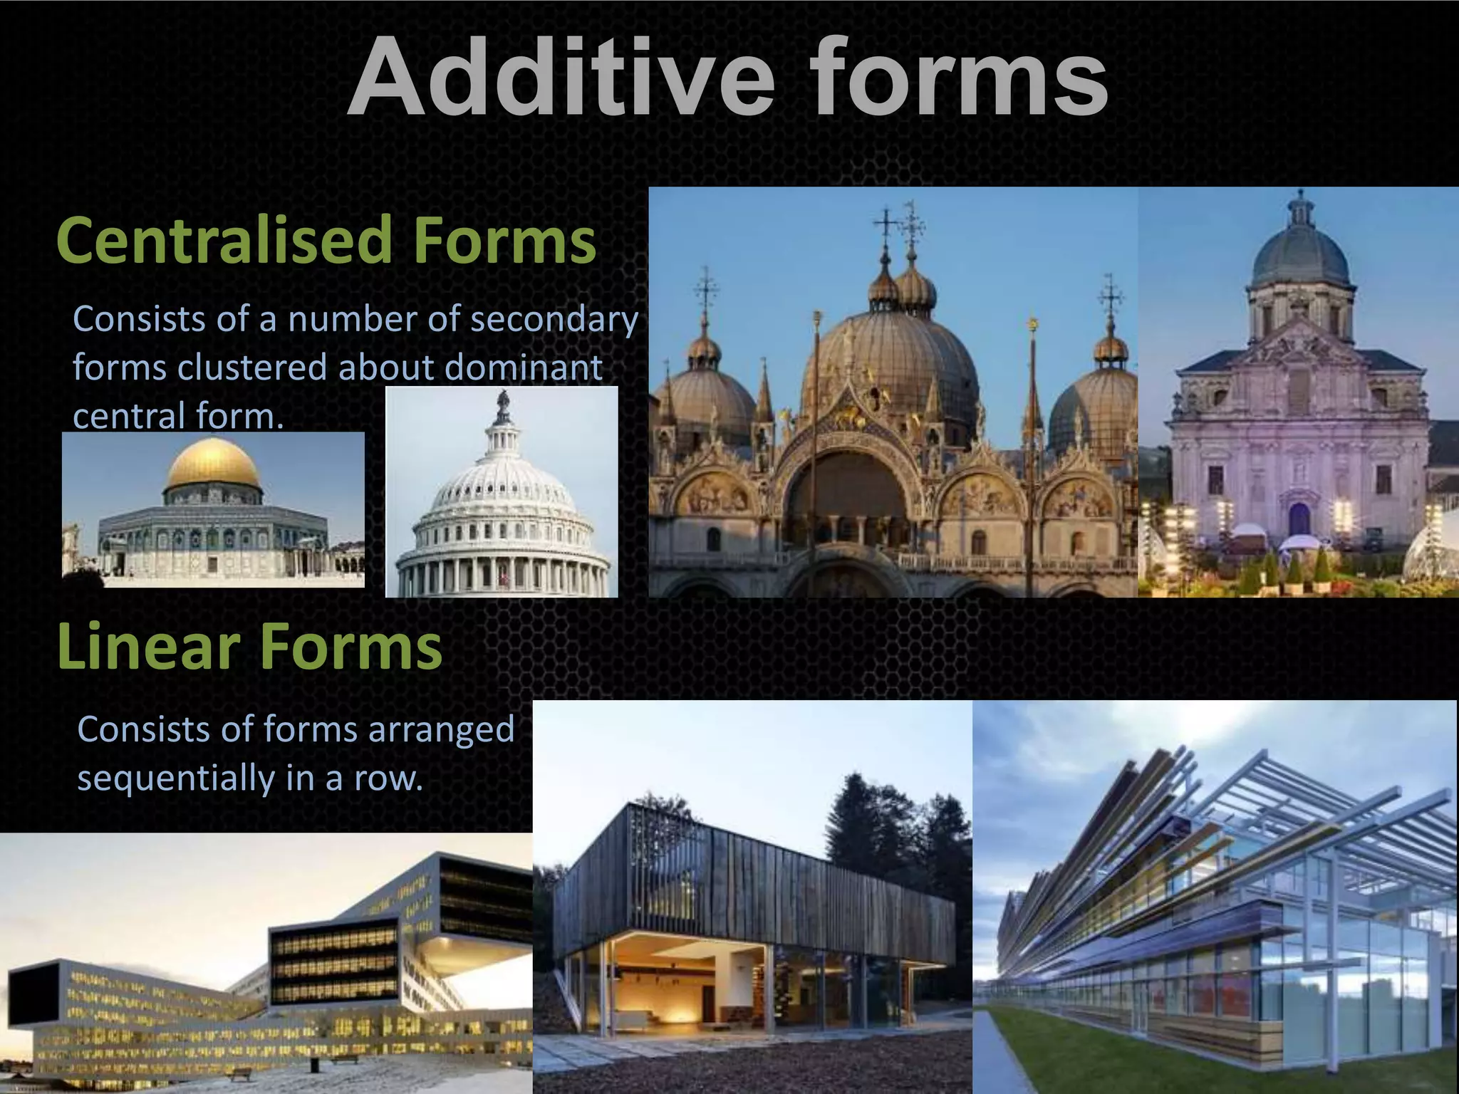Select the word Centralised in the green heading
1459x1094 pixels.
tap(224, 241)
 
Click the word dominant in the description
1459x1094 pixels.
tap(524, 368)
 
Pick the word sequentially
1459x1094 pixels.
tap(175, 778)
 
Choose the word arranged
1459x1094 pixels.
tap(441, 729)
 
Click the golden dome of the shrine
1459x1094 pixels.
tap(214, 464)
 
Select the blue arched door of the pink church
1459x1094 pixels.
tap(1299, 519)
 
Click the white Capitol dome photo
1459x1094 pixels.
tap(502, 499)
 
